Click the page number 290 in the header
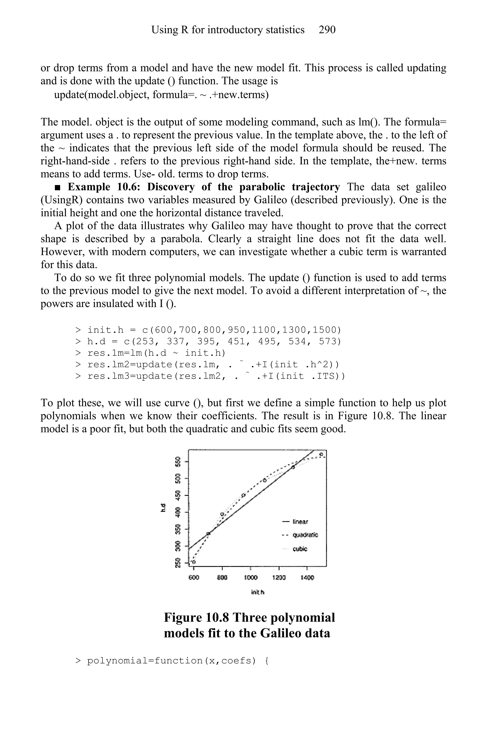click(x=327, y=30)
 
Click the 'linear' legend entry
click(x=300, y=522)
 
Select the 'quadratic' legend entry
click(x=305, y=535)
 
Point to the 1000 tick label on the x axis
click(x=250, y=578)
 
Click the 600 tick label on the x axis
click(x=194, y=578)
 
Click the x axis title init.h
click(x=258, y=592)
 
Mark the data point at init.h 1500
click(x=321, y=454)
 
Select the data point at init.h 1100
click(x=265, y=480)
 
